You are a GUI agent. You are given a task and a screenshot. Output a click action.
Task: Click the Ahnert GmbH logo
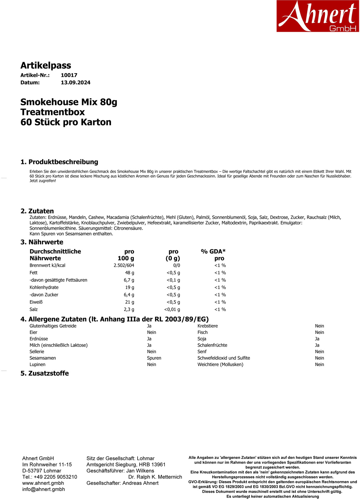click(x=317, y=16)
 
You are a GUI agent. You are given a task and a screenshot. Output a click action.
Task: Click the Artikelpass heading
click(x=46, y=65)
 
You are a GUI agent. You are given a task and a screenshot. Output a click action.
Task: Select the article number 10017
click(x=69, y=75)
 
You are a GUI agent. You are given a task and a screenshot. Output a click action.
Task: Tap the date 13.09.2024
click(x=75, y=82)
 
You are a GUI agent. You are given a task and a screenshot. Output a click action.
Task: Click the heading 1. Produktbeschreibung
click(x=59, y=162)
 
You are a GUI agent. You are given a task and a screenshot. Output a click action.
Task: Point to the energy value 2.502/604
click(x=124, y=265)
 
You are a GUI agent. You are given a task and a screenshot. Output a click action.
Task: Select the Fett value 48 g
click(x=129, y=273)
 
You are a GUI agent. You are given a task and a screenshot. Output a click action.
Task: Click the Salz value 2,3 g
click(x=129, y=310)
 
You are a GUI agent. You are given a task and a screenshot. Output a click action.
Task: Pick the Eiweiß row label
click(x=36, y=302)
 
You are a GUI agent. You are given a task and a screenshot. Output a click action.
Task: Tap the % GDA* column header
click(x=213, y=251)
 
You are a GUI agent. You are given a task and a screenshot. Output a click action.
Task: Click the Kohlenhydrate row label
click(x=44, y=287)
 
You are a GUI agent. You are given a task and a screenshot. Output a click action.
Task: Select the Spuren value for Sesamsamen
click(x=154, y=358)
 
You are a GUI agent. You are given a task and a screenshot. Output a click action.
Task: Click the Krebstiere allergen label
click(x=207, y=326)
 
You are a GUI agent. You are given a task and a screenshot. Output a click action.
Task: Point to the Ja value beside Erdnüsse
click(x=149, y=339)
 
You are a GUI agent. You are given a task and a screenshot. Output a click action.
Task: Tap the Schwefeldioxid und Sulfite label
click(x=224, y=358)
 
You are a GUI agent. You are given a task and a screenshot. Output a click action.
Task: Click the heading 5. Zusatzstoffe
click(x=45, y=373)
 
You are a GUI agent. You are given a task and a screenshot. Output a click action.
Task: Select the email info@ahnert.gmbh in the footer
click(x=44, y=489)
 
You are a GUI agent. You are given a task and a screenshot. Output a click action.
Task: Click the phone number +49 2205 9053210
click(x=55, y=477)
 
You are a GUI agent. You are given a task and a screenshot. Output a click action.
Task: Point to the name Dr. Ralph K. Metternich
click(x=155, y=477)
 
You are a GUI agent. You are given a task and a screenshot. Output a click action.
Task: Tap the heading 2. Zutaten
click(x=37, y=211)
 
